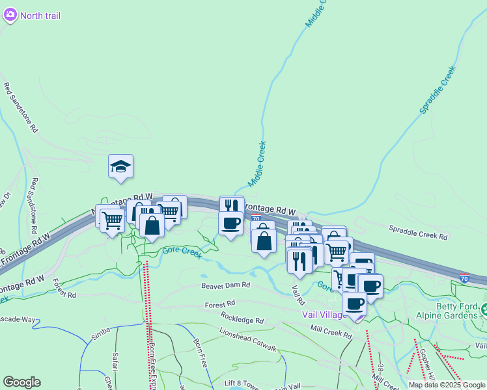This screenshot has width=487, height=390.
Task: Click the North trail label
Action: pos(40,16)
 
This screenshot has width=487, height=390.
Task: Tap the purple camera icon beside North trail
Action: pos(9,15)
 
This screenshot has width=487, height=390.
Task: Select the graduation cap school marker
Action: pos(120,167)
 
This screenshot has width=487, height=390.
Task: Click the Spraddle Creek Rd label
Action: pos(418,230)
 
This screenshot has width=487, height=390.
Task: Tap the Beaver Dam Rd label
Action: pos(225,285)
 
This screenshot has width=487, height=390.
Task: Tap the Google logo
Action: pos(21,382)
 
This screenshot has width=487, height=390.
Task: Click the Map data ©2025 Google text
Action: pos(447,385)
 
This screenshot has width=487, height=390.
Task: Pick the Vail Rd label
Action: pos(298,296)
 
